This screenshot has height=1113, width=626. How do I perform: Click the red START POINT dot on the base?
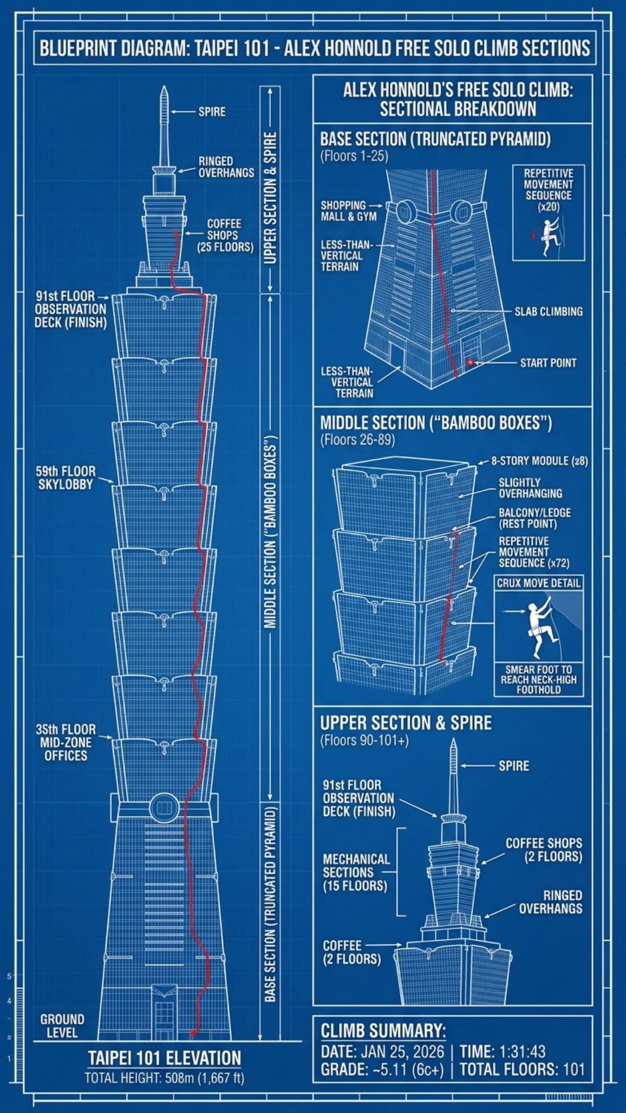click(x=470, y=363)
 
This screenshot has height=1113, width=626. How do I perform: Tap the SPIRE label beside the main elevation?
click(x=212, y=111)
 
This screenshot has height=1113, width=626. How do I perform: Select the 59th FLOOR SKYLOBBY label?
click(x=65, y=478)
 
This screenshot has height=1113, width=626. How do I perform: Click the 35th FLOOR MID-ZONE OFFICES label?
click(x=65, y=743)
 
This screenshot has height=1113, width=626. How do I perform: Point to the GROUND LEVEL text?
click(x=62, y=1025)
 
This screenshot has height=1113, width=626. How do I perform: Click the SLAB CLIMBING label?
click(x=548, y=311)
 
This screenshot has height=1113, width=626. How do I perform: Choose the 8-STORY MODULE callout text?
click(x=539, y=461)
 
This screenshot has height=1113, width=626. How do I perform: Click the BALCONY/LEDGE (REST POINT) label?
click(x=534, y=518)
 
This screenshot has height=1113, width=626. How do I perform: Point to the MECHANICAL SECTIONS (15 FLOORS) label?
click(x=355, y=872)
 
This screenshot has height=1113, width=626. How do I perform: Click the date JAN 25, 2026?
click(x=402, y=1052)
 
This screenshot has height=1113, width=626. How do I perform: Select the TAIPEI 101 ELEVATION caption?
click(x=164, y=1058)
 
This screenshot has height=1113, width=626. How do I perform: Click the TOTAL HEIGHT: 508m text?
click(x=164, y=1078)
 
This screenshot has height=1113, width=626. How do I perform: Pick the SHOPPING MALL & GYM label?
click(x=348, y=211)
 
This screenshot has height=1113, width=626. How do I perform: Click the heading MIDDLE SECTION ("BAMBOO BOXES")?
click(x=435, y=423)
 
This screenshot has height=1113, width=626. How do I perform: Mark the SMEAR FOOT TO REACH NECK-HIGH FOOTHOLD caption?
click(x=538, y=679)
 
